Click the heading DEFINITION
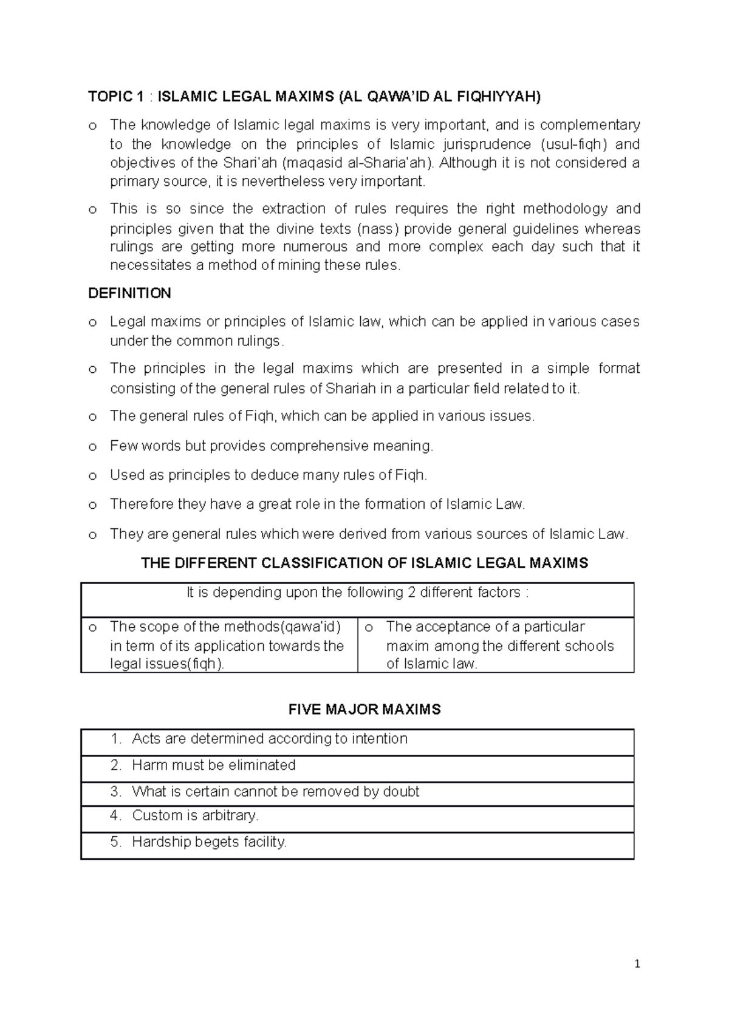point(129,293)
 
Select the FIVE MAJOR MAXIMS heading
point(364,709)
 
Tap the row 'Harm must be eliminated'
point(213,765)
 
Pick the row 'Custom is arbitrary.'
point(195,815)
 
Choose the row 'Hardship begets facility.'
point(209,842)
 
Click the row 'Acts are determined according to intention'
point(269,739)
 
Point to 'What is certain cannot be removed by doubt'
point(275,792)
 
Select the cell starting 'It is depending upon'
point(357,593)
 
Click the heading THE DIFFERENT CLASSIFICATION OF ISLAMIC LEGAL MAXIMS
point(364,563)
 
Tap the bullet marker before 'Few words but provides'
point(92,447)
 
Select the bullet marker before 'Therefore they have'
point(92,505)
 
